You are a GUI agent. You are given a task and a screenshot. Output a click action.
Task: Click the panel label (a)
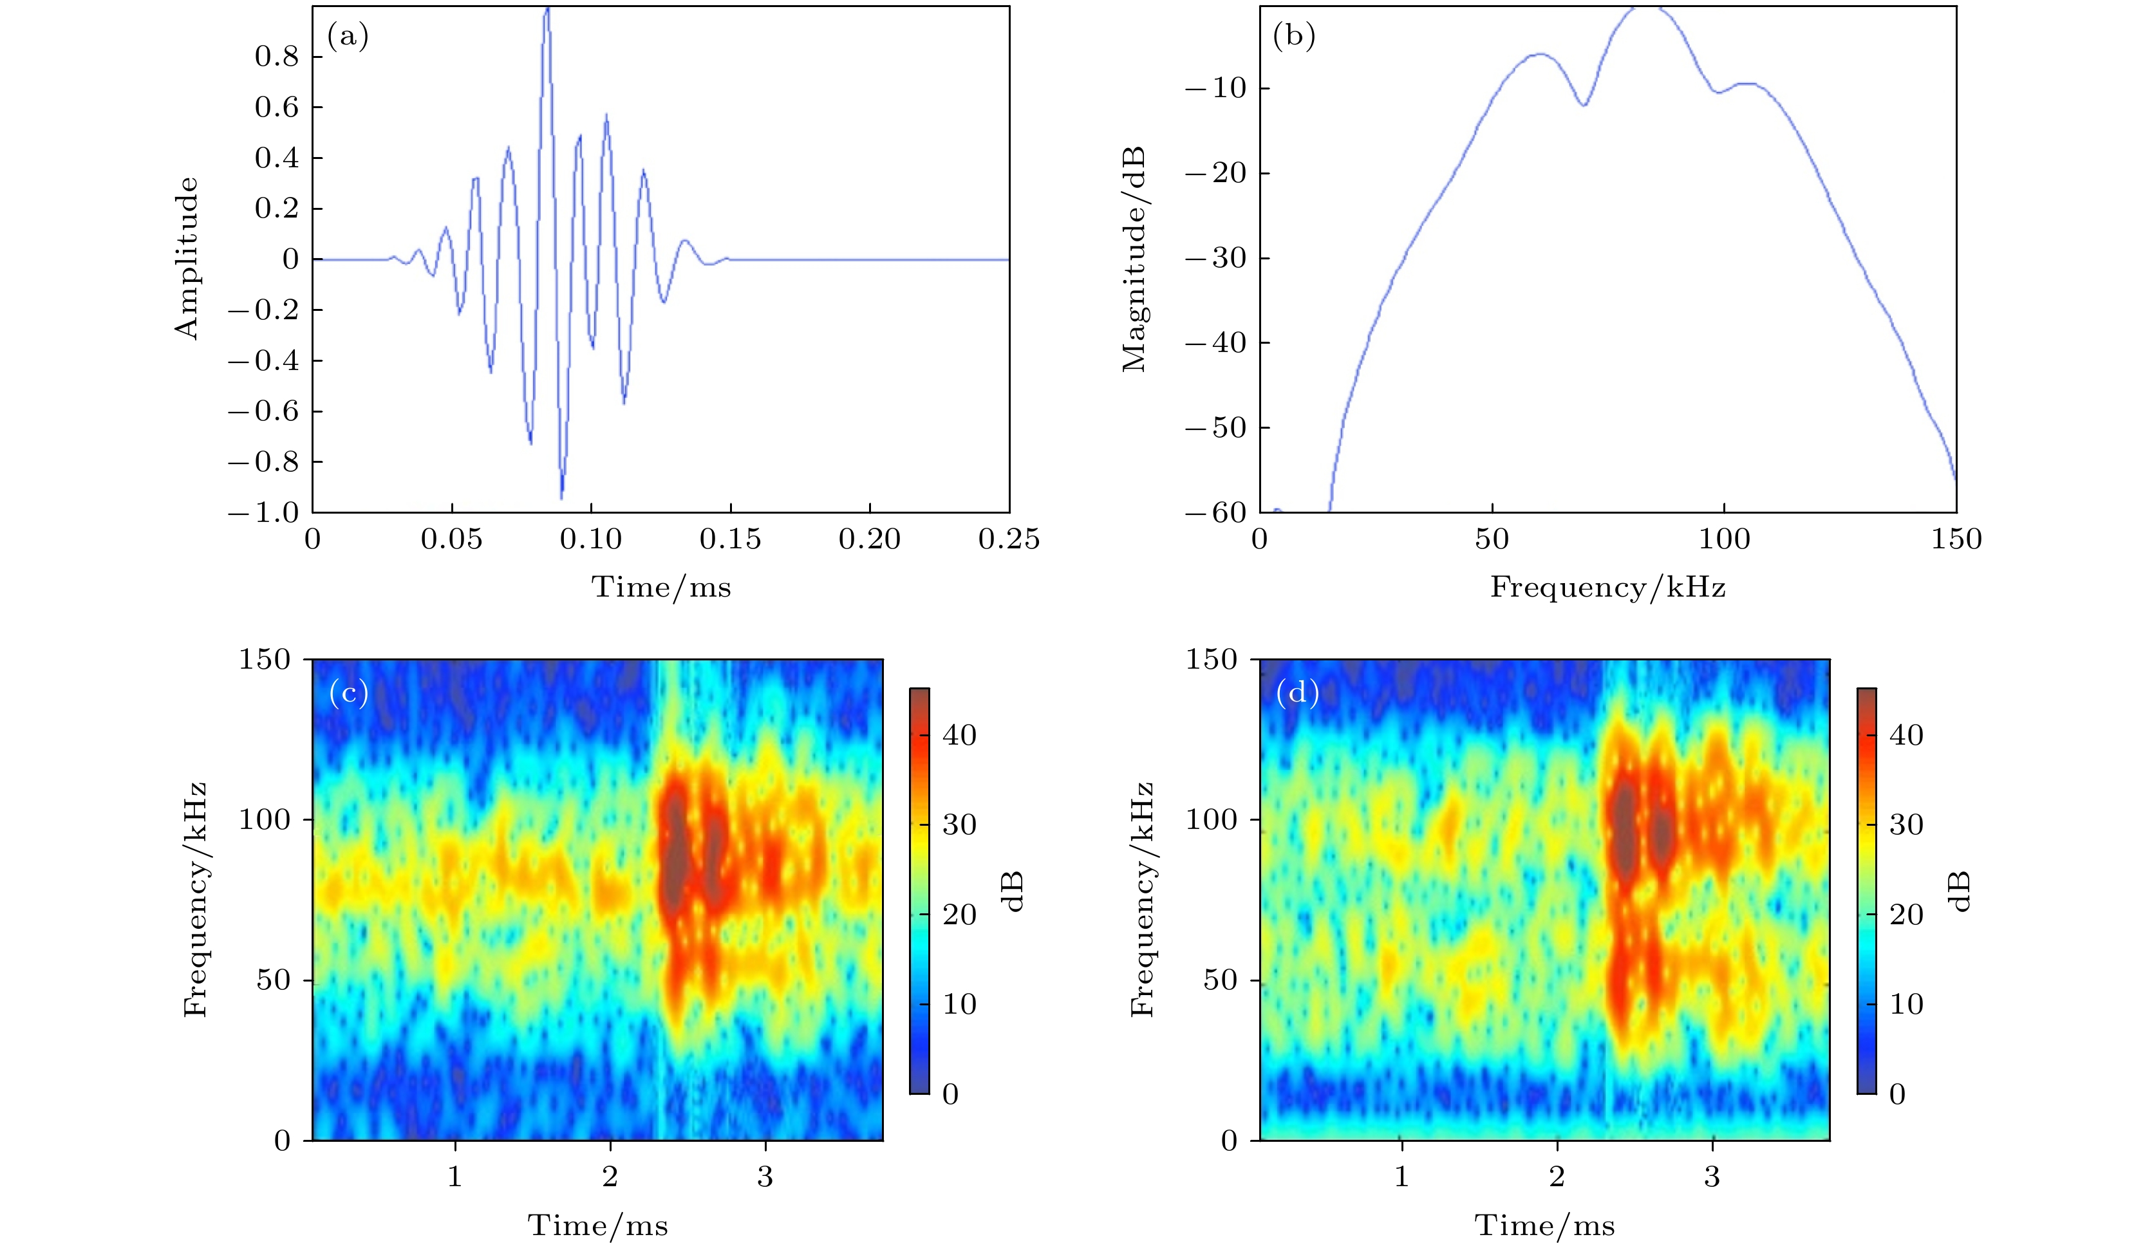tap(347, 36)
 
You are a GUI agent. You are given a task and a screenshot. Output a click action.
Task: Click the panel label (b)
tap(1293, 36)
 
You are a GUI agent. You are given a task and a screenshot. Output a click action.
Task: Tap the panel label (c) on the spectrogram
tap(348, 693)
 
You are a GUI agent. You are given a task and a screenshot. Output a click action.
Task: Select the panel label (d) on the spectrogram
tap(1297, 693)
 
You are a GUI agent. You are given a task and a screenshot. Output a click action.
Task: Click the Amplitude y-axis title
tap(186, 258)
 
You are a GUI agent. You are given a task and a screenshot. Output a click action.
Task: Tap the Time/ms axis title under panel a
tap(660, 587)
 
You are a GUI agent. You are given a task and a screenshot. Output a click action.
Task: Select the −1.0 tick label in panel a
tap(263, 513)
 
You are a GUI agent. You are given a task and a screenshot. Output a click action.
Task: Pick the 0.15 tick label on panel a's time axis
tap(730, 539)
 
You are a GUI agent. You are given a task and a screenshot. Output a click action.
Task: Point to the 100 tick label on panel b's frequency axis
tap(1724, 539)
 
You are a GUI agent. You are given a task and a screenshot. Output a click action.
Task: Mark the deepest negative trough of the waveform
tap(561, 497)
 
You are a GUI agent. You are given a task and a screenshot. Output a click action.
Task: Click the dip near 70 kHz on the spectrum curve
tap(1584, 104)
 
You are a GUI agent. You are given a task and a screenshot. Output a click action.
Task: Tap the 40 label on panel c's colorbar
tap(959, 735)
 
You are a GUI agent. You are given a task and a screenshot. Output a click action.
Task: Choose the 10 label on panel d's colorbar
tap(1906, 1004)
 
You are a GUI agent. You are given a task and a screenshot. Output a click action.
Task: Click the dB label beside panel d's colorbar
tap(1962, 891)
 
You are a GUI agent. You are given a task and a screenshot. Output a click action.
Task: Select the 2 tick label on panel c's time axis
tap(610, 1177)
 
